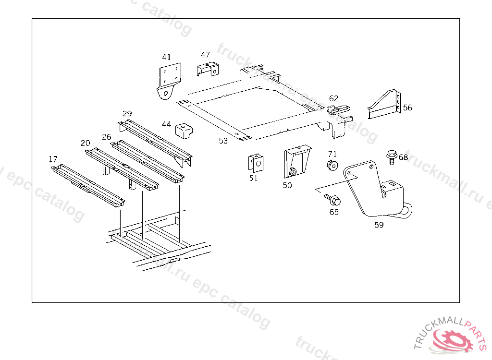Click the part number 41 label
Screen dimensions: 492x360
166,57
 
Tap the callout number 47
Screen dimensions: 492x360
205,55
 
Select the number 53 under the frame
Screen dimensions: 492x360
223,141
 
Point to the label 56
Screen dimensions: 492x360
407,108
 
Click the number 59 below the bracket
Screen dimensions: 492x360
379,224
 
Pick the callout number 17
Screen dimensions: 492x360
53,159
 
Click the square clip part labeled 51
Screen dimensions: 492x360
256,163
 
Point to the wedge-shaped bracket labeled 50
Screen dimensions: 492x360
295,162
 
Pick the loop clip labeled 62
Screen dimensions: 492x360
339,109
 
